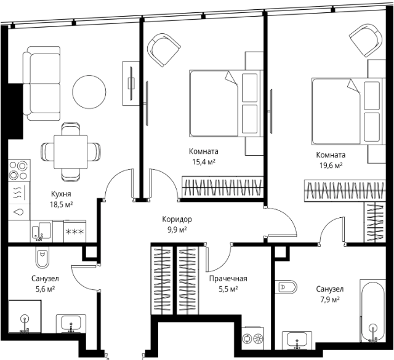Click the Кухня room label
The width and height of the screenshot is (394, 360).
tap(61, 194)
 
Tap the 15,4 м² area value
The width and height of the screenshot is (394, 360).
tap(204, 162)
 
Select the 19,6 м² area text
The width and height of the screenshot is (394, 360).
tap(331, 166)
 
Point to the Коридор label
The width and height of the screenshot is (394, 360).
tap(177, 219)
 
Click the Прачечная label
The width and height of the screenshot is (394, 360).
tap(228, 279)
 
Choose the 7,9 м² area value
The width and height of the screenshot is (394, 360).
tap(330, 300)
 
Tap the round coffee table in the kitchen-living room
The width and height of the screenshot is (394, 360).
tap(89, 92)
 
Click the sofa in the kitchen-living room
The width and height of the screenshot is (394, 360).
tap(42, 83)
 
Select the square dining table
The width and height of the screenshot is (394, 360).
tap(71, 152)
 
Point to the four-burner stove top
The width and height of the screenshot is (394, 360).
tap(18, 170)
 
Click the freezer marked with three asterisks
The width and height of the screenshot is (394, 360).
tap(74, 231)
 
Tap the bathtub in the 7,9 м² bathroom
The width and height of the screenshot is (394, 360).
tap(373, 311)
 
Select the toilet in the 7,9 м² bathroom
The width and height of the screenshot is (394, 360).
tap(286, 287)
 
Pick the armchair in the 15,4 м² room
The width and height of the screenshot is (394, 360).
tap(164, 50)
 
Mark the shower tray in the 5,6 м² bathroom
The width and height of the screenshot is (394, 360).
tap(25, 316)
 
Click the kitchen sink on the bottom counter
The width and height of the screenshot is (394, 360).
tap(41, 231)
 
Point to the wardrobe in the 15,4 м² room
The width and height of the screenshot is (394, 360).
tap(222, 187)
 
